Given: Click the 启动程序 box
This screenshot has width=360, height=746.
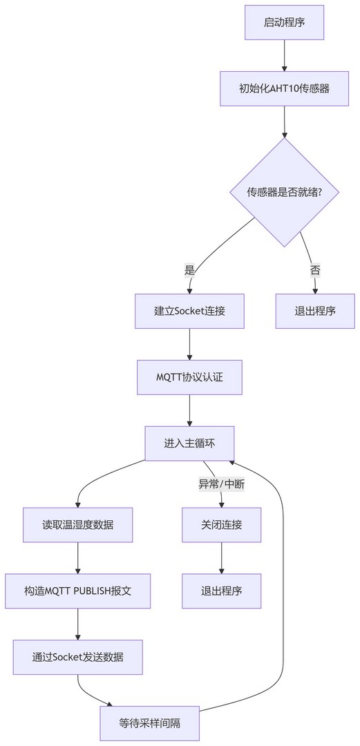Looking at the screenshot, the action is pyautogui.click(x=284, y=22).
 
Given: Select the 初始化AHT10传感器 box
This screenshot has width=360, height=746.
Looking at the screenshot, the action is pyautogui.click(x=284, y=88).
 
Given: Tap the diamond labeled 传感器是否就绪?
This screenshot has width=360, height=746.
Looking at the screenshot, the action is pyautogui.click(x=284, y=192).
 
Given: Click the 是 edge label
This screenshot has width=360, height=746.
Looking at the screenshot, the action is pyautogui.click(x=189, y=271).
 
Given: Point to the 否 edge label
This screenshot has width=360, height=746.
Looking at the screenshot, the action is pyautogui.click(x=315, y=271).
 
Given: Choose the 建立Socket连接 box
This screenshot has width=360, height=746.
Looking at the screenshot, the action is pyautogui.click(x=189, y=311).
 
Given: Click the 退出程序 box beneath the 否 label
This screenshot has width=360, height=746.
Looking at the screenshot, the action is pyautogui.click(x=315, y=311).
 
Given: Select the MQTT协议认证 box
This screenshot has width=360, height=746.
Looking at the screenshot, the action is pyautogui.click(x=189, y=377).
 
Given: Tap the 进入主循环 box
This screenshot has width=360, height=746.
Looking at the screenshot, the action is pyautogui.click(x=189, y=443).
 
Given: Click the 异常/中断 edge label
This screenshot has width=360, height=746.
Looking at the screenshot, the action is pyautogui.click(x=221, y=485).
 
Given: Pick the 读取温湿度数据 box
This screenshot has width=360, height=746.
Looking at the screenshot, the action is pyautogui.click(x=77, y=525).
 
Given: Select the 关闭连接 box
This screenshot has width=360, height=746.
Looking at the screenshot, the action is pyautogui.click(x=221, y=525).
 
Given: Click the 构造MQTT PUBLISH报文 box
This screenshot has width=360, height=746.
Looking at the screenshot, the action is pyautogui.click(x=77, y=591).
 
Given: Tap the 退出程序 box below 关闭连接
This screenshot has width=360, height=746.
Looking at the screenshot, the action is pyautogui.click(x=221, y=591).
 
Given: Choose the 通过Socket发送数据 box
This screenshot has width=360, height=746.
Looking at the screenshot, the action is pyautogui.click(x=77, y=657).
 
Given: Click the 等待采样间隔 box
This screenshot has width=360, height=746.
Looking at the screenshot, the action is pyautogui.click(x=149, y=723).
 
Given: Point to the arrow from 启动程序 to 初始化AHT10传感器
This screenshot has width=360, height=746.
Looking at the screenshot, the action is pyautogui.click(x=284, y=56).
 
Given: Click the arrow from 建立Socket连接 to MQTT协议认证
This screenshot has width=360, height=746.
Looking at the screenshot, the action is pyautogui.click(x=189, y=344).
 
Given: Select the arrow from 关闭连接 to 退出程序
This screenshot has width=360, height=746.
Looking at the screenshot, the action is pyautogui.click(x=221, y=557).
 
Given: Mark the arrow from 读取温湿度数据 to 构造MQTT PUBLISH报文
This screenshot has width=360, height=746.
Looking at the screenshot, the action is pyautogui.click(x=77, y=557).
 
